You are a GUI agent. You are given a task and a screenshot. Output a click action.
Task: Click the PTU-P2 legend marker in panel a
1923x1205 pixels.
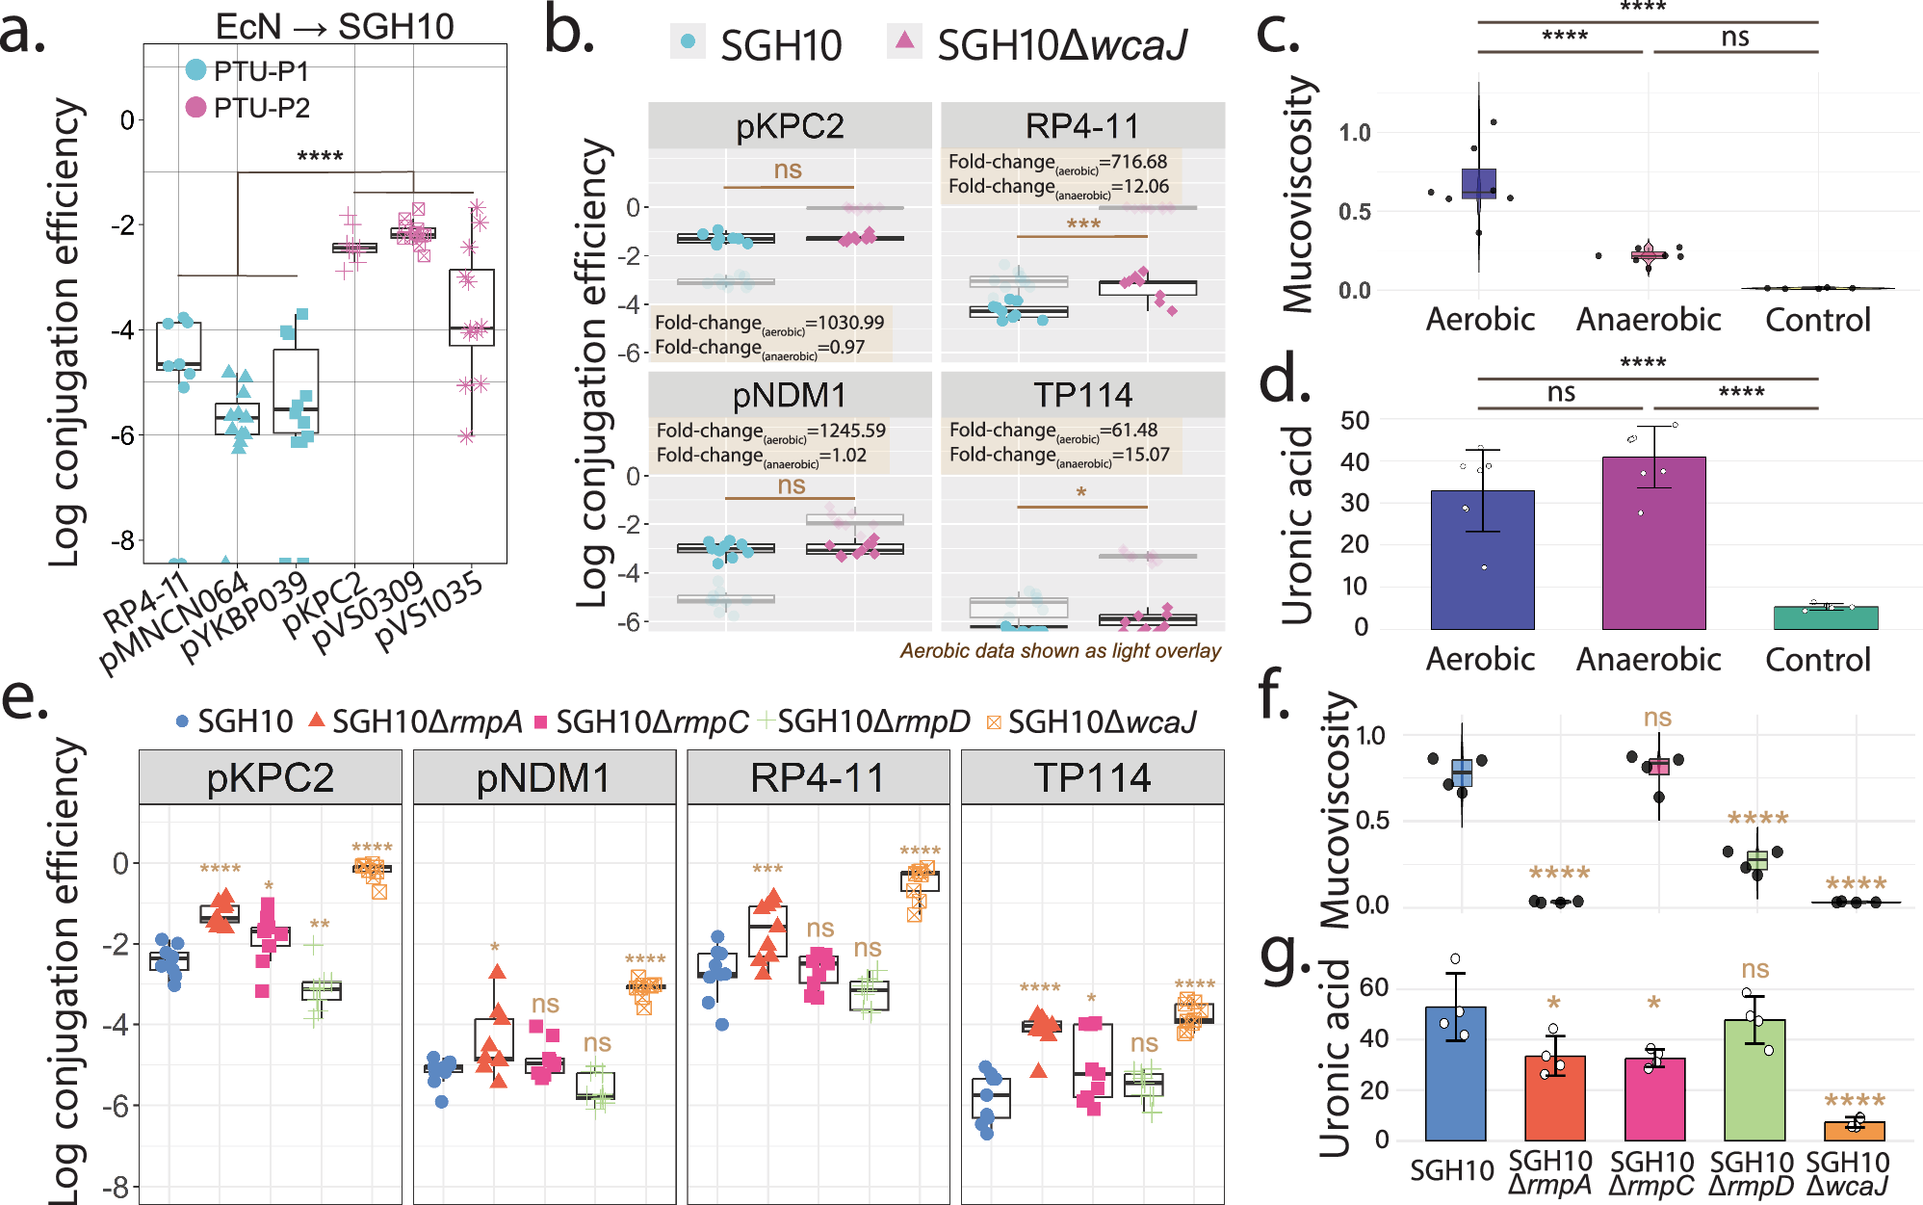195,107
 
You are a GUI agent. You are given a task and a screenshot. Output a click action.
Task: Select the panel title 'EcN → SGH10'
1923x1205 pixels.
334,26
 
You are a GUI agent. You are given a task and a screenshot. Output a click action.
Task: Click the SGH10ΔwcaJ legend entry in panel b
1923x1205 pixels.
1040,44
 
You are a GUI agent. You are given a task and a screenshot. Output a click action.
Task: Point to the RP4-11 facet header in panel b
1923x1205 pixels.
1082,126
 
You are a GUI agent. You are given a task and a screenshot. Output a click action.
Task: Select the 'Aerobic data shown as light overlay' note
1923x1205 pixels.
1060,650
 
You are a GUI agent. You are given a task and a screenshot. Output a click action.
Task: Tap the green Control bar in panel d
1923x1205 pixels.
1825,617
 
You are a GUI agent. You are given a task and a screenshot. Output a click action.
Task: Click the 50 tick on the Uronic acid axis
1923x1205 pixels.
1355,420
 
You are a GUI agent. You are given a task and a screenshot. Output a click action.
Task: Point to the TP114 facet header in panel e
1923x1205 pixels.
1092,777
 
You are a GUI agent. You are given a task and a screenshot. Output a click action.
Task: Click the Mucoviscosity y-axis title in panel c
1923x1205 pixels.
1298,194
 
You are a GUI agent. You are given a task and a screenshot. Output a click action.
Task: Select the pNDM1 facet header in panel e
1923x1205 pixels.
544,777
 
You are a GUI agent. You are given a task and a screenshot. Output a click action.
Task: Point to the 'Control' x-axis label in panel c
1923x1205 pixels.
1817,319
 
